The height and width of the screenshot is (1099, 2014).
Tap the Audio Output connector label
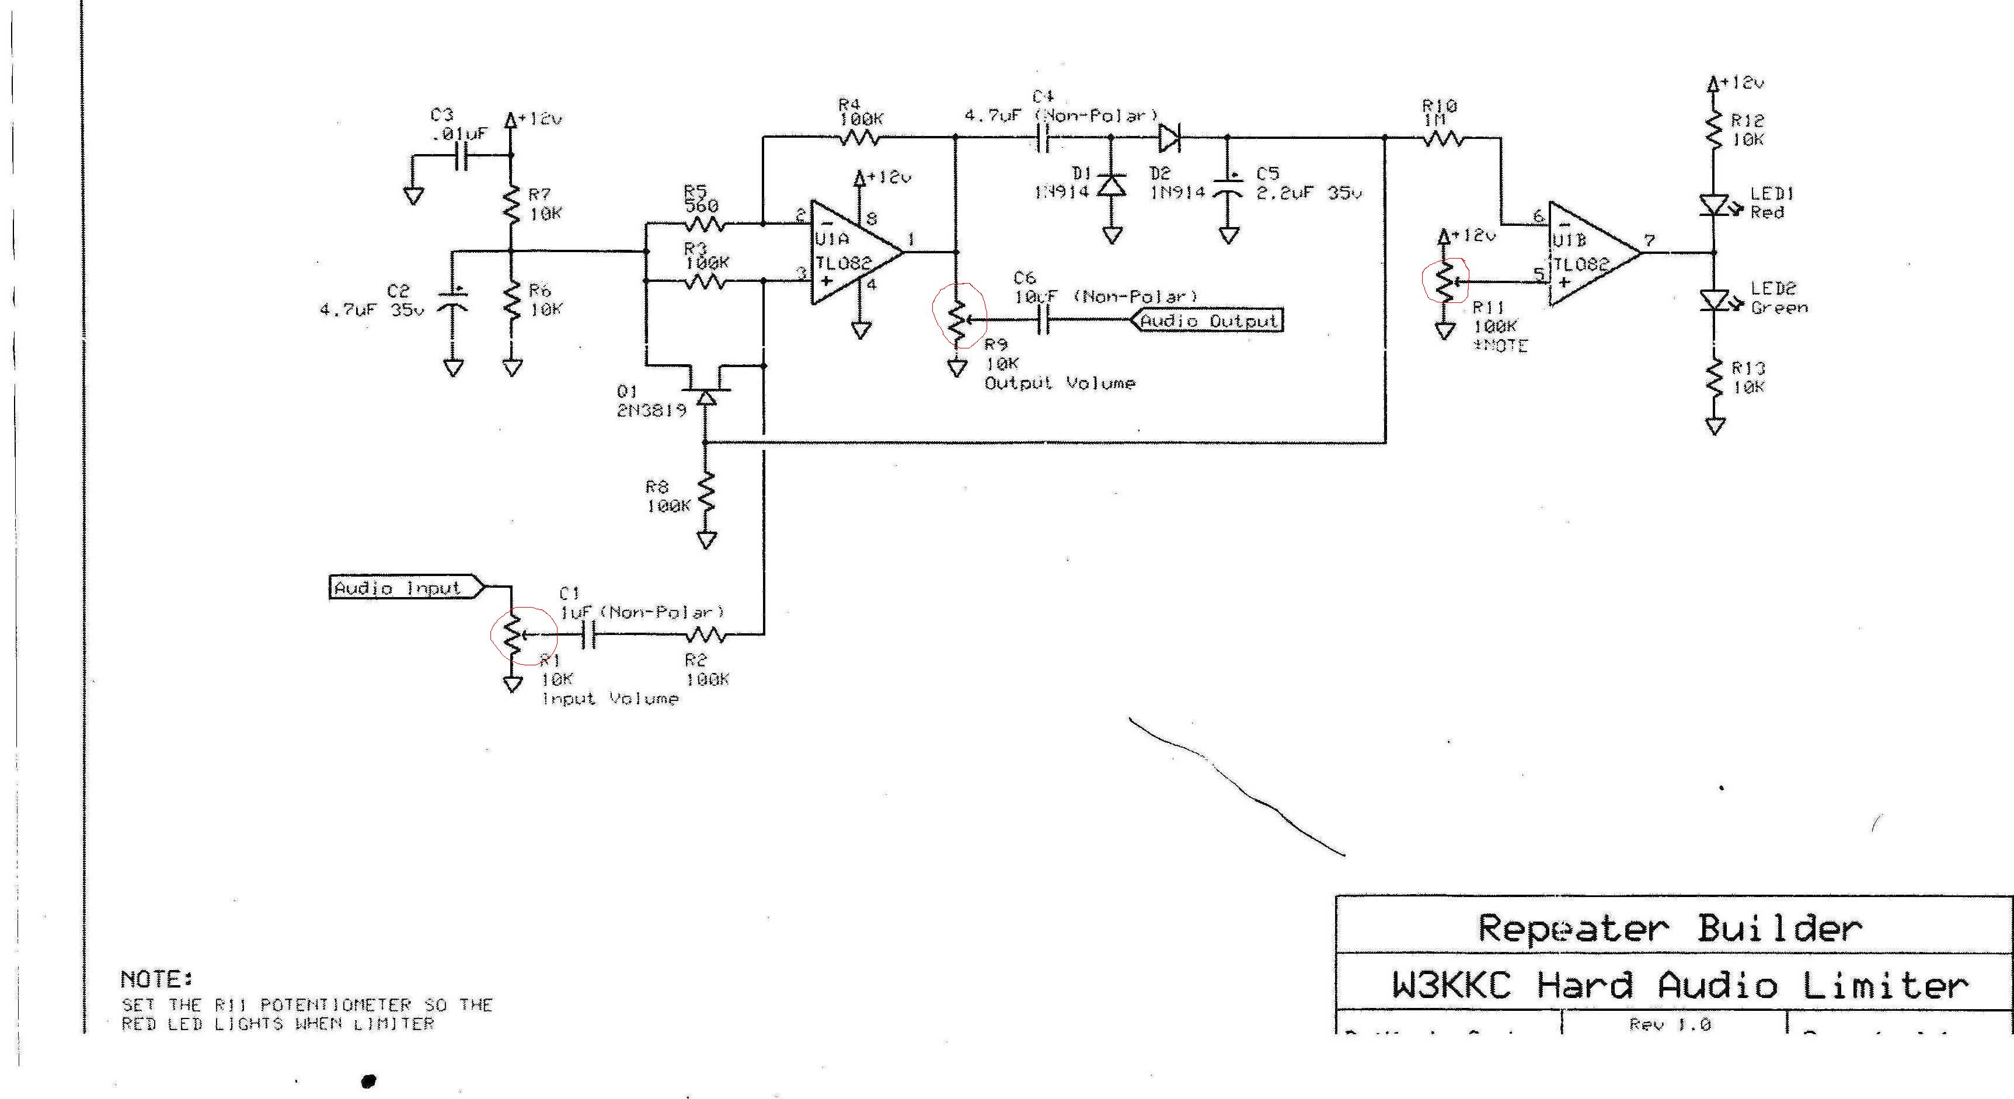[x=1207, y=320]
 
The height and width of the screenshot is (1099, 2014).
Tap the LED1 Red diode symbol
[x=1714, y=205]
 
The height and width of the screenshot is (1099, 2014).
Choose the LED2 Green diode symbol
[x=1714, y=300]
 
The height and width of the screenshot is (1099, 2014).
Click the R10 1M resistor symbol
[x=1442, y=139]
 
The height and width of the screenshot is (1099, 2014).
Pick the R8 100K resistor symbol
[x=707, y=494]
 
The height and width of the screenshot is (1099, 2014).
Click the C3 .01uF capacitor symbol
[x=463, y=156]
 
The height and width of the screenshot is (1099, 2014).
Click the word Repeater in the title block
[x=1572, y=929]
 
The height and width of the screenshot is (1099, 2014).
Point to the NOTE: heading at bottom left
[x=156, y=979]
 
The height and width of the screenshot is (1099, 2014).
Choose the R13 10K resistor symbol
[x=1715, y=378]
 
